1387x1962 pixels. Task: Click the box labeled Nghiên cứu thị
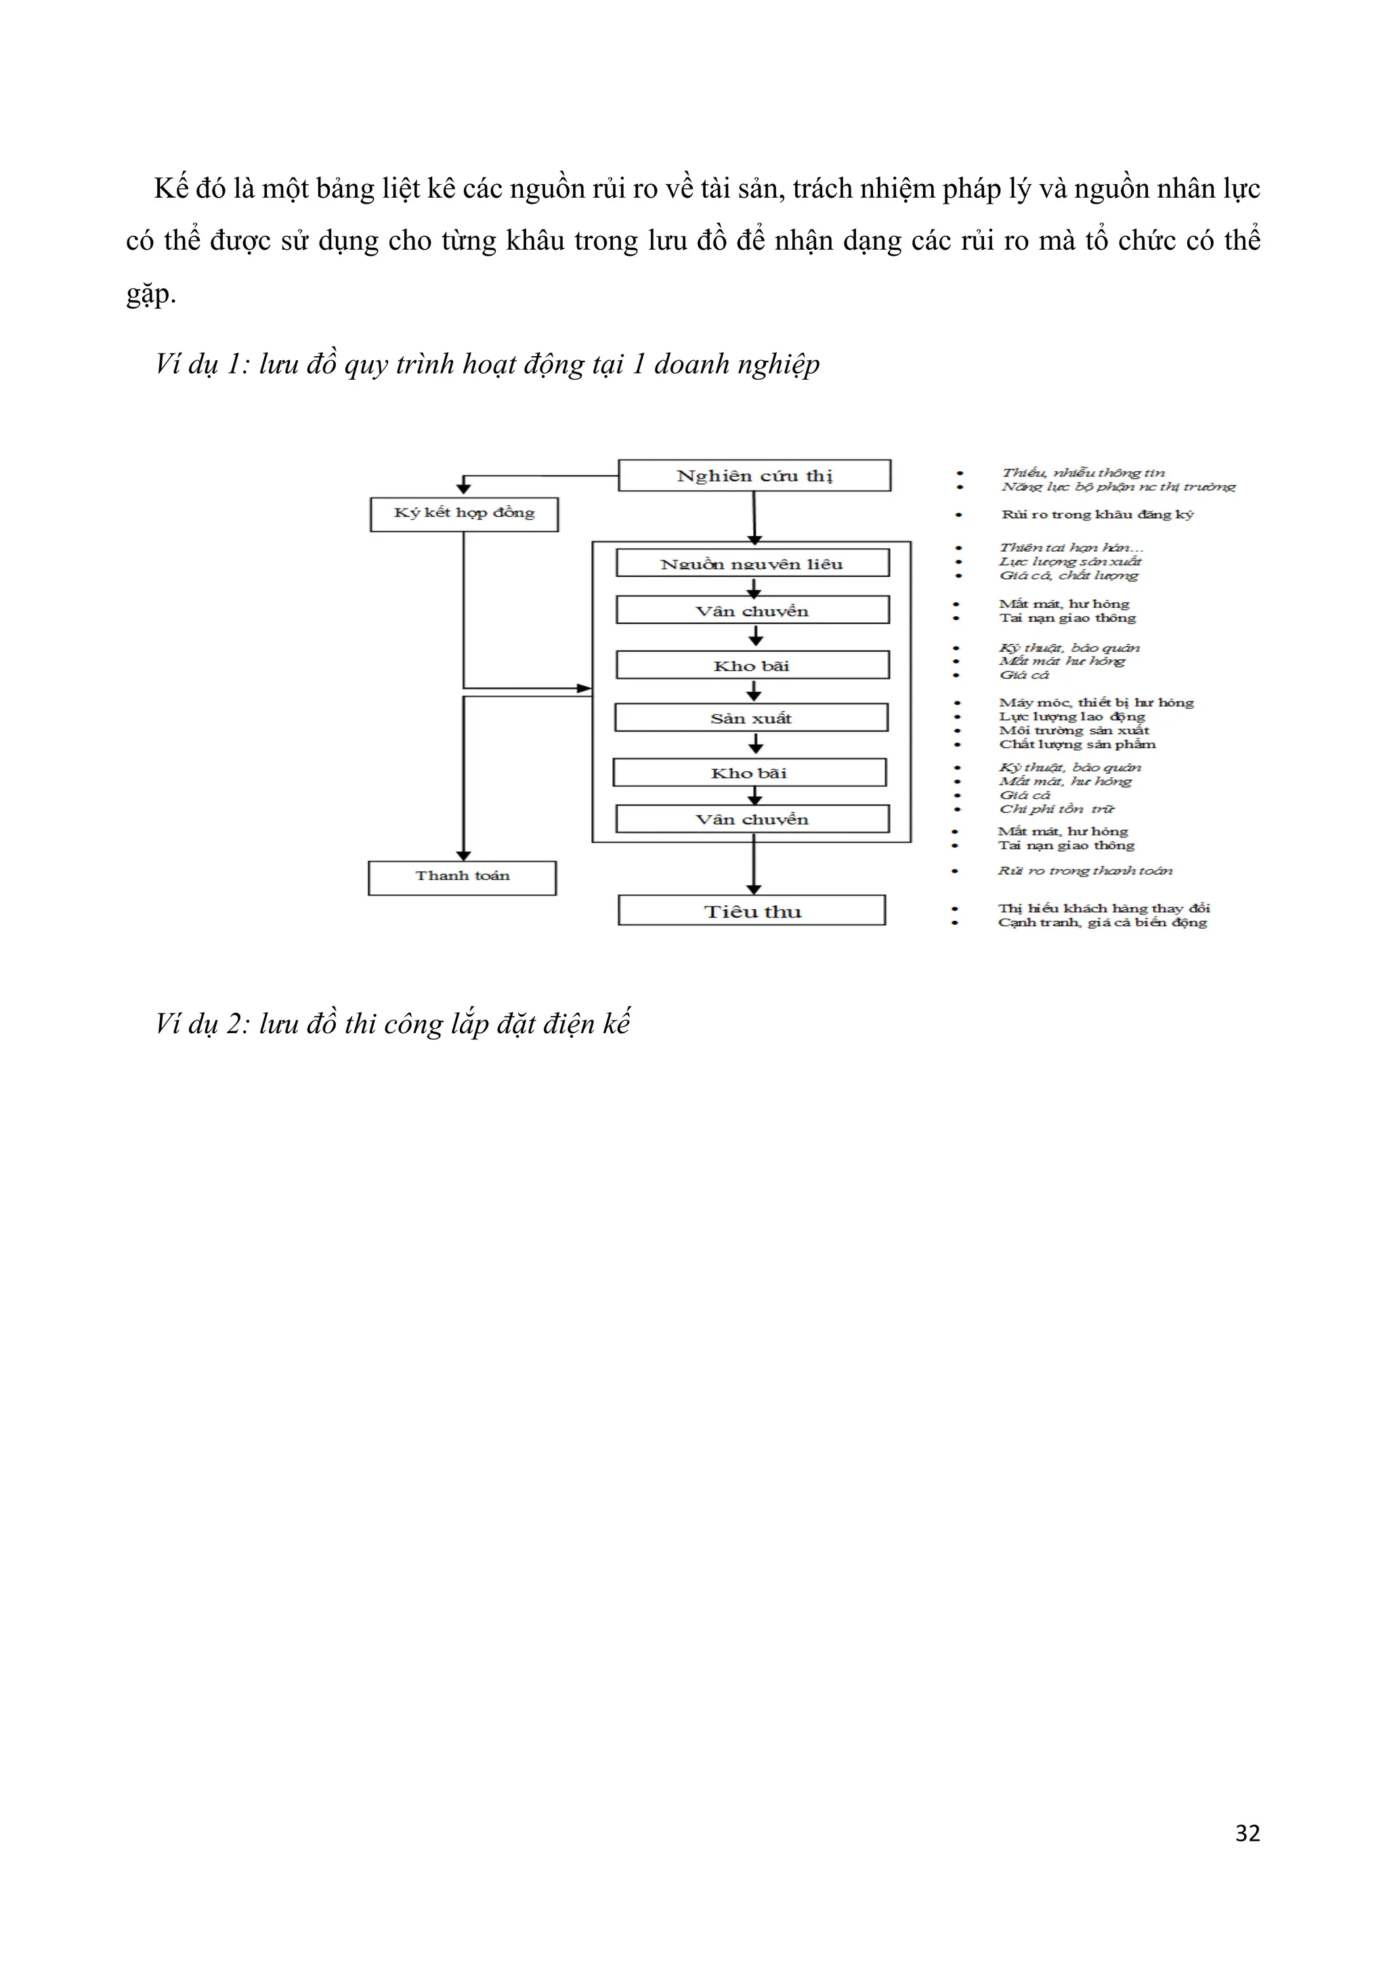(754, 475)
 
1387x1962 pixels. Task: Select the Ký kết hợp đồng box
(464, 514)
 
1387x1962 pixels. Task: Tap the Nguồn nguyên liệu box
(752, 563)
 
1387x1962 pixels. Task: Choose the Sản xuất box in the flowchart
(751, 718)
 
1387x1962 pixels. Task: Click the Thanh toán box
(463, 877)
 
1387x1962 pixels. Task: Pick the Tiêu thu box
(752, 911)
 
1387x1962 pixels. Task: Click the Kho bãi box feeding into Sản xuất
(752, 665)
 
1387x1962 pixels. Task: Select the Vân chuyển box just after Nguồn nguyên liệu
(752, 610)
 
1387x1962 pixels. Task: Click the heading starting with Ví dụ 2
(392, 1023)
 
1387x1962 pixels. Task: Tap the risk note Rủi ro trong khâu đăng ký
(1097, 515)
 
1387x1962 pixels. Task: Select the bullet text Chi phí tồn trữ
(1057, 808)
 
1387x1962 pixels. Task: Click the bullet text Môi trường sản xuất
(1074, 730)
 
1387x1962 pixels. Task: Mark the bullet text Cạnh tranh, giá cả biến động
(1103, 922)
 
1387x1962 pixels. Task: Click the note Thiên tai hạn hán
(1071, 547)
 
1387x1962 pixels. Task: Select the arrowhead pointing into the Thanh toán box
(463, 855)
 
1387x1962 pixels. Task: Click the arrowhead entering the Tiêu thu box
(754, 890)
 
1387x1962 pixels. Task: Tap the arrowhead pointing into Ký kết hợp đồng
(464, 489)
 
